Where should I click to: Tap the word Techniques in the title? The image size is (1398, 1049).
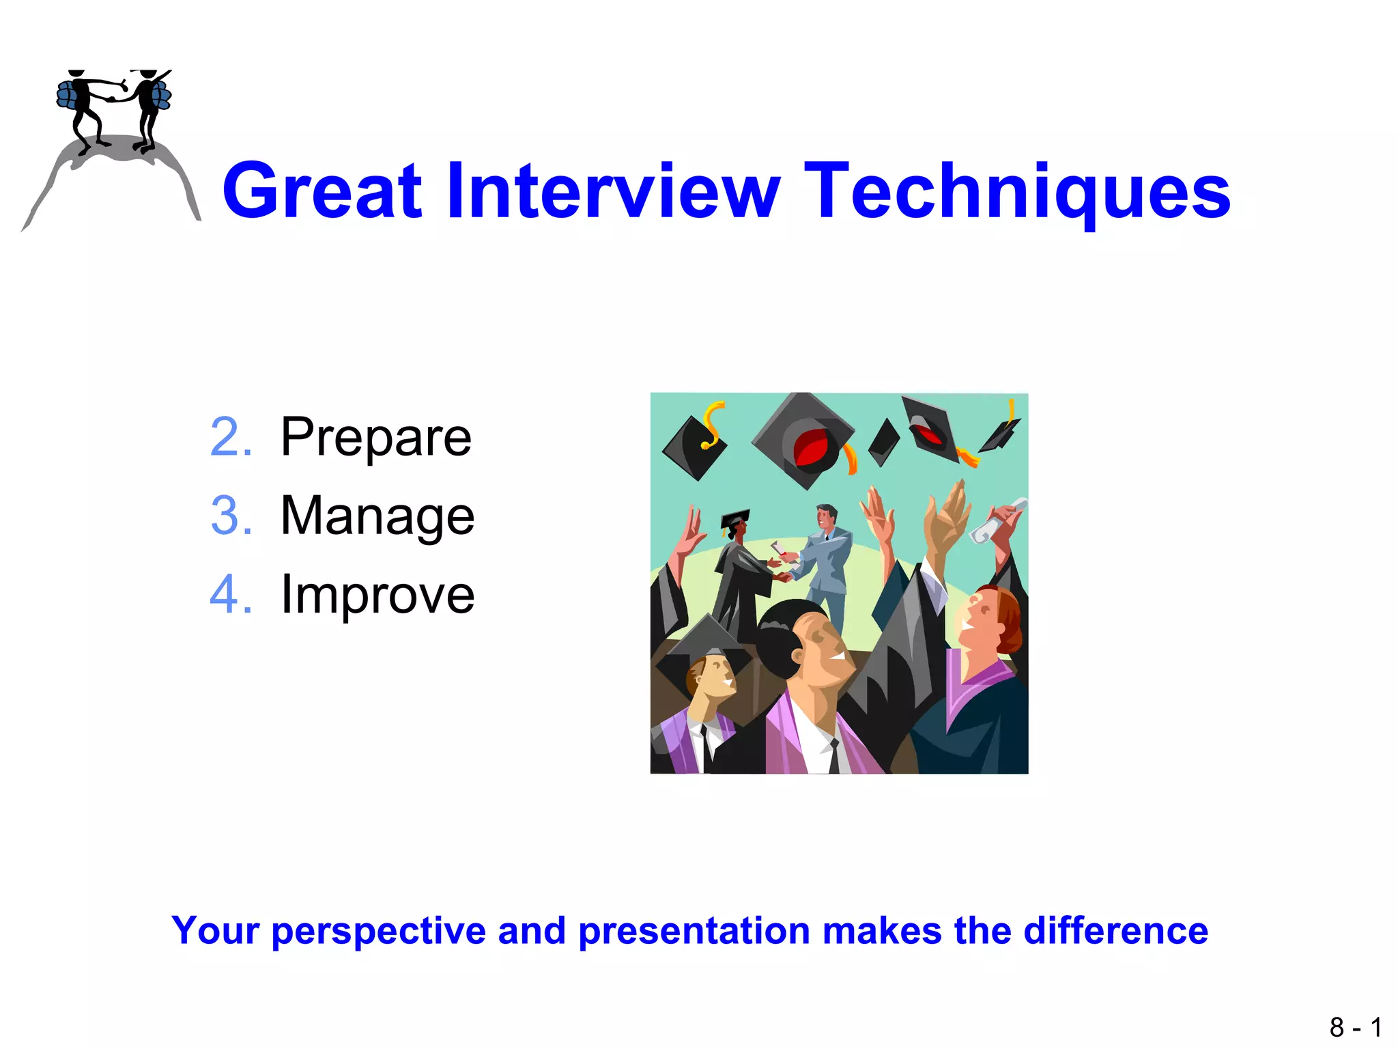[1017, 193]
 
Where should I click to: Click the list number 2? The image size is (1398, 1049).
[231, 437]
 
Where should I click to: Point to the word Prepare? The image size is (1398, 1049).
[375, 438]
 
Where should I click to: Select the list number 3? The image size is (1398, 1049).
[231, 516]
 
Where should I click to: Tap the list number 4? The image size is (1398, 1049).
[231, 595]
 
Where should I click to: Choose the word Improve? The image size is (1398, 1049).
[377, 595]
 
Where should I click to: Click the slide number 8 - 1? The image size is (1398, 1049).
[1355, 1027]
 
